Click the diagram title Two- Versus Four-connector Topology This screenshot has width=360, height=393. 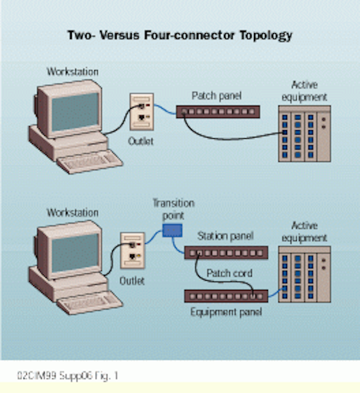point(180,36)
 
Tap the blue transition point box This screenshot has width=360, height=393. point(172,230)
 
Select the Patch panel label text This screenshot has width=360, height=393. point(216,96)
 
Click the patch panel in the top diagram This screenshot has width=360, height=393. point(218,112)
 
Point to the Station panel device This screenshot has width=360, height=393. point(226,252)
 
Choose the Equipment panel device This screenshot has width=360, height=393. point(226,296)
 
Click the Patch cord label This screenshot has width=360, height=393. point(229,273)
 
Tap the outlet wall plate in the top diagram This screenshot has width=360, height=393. point(142,112)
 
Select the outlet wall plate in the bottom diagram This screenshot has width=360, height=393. point(132,251)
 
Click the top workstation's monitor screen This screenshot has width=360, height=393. point(75,112)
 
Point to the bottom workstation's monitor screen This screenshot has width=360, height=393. point(75,252)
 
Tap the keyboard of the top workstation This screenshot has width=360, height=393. point(90,161)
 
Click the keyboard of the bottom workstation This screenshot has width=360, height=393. point(90,303)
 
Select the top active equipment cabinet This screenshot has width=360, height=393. point(304,134)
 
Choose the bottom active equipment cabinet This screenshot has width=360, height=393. point(304,274)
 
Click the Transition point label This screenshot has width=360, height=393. point(174,209)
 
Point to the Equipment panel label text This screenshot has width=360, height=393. point(226,313)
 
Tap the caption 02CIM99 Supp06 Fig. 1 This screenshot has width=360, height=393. point(67,376)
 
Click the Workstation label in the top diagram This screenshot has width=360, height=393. point(72,72)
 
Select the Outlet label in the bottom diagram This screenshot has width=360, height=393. point(132,281)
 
